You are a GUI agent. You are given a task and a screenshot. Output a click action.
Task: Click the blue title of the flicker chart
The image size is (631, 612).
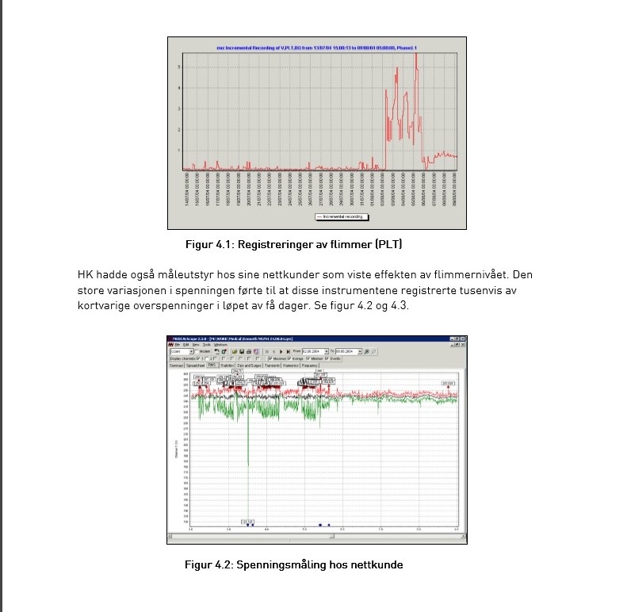316,48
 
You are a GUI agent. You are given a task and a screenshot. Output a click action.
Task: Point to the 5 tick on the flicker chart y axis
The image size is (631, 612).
178,67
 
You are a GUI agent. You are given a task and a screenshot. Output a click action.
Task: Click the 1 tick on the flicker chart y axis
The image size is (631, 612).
178,150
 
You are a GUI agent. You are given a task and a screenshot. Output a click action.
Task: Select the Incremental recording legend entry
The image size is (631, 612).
342,216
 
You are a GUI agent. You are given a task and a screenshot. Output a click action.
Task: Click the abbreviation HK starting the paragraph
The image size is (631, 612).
86,275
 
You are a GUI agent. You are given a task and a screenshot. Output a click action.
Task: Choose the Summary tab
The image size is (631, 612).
176,365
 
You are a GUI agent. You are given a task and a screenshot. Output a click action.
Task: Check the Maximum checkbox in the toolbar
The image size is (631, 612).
270,358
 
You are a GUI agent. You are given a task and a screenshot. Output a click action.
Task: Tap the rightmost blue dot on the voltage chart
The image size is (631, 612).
329,525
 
